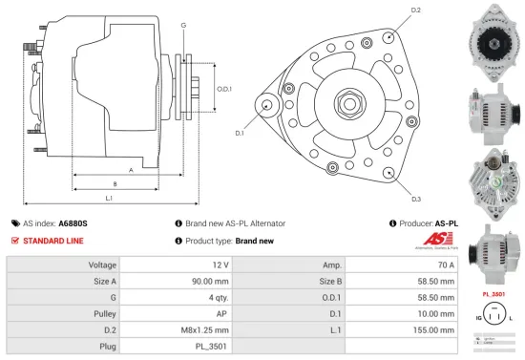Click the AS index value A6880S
tap(73, 222)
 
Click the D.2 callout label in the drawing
tap(415, 11)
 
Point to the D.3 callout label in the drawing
tap(416, 199)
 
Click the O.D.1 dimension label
tap(224, 89)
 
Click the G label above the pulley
tap(182, 24)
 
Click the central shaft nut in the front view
tap(344, 99)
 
